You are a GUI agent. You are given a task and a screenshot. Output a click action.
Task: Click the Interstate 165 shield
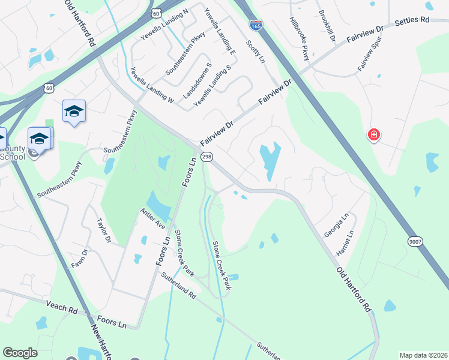pyautogui.click(x=255, y=25)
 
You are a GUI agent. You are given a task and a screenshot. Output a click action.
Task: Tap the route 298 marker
pyautogui.click(x=206, y=157)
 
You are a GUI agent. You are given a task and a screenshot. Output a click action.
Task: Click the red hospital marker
pyautogui.click(x=374, y=135)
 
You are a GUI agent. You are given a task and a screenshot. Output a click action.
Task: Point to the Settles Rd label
pyautogui.click(x=412, y=20)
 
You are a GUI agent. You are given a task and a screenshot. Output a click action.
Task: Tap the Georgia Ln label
pyautogui.click(x=336, y=227)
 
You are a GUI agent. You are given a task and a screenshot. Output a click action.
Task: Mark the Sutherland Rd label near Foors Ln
pyautogui.click(x=178, y=287)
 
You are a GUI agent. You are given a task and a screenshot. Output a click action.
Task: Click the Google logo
pyautogui.click(x=20, y=353)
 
